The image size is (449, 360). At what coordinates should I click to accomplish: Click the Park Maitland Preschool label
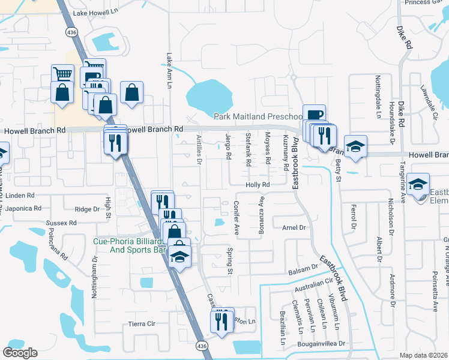pos(260,116)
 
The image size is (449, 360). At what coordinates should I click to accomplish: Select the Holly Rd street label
pos(258,185)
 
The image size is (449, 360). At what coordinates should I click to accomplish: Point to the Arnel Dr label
pos(294,228)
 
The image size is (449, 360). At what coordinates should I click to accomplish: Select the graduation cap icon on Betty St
pos(355,147)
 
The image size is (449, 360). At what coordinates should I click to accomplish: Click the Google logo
pos(20,353)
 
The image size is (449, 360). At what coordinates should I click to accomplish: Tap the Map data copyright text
pos(423,355)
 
